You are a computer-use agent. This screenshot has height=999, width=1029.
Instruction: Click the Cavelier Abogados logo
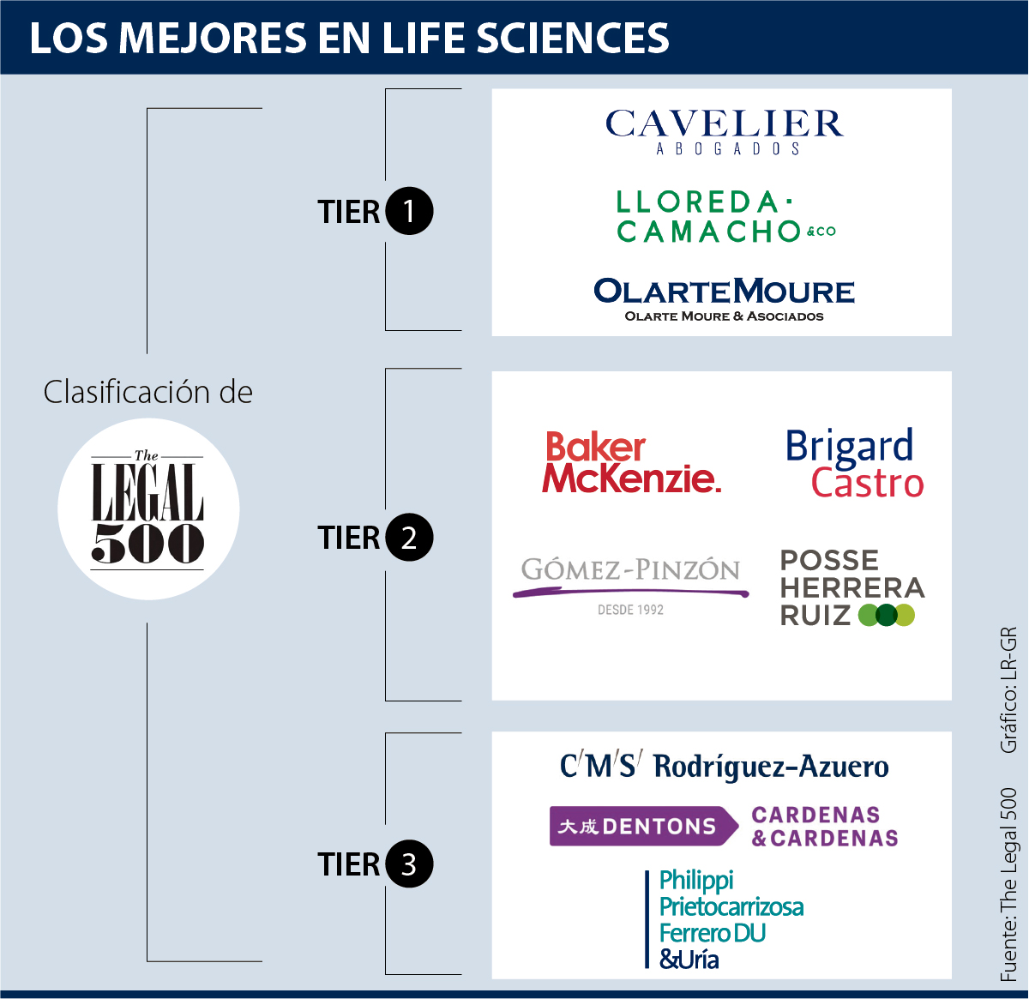pyautogui.click(x=725, y=131)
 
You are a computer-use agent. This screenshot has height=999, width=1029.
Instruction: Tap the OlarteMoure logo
pyautogui.click(x=725, y=298)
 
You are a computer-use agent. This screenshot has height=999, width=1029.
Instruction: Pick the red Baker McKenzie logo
pyautogui.click(x=631, y=463)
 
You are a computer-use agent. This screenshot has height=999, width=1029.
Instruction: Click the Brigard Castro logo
pyautogui.click(x=854, y=464)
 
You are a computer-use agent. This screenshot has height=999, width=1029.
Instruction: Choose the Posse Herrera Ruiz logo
pyautogui.click(x=851, y=587)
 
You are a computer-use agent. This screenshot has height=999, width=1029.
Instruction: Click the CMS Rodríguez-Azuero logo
pyautogui.click(x=725, y=766)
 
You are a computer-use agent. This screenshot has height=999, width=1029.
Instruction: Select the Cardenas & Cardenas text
pyautogui.click(x=825, y=827)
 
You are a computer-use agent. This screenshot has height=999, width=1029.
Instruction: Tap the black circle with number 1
pyautogui.click(x=409, y=211)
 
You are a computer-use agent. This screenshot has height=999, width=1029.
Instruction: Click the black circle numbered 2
pyautogui.click(x=409, y=538)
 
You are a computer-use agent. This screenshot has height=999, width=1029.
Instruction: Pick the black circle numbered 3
pyautogui.click(x=409, y=864)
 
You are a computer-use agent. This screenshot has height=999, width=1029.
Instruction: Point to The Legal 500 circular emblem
pyautogui.click(x=148, y=509)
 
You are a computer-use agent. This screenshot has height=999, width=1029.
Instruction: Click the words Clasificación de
pyautogui.click(x=148, y=392)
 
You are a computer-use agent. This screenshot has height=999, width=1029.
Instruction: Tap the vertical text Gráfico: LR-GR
pyautogui.click(x=1008, y=690)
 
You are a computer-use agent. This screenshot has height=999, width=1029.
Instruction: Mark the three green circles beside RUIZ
pyautogui.click(x=887, y=615)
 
